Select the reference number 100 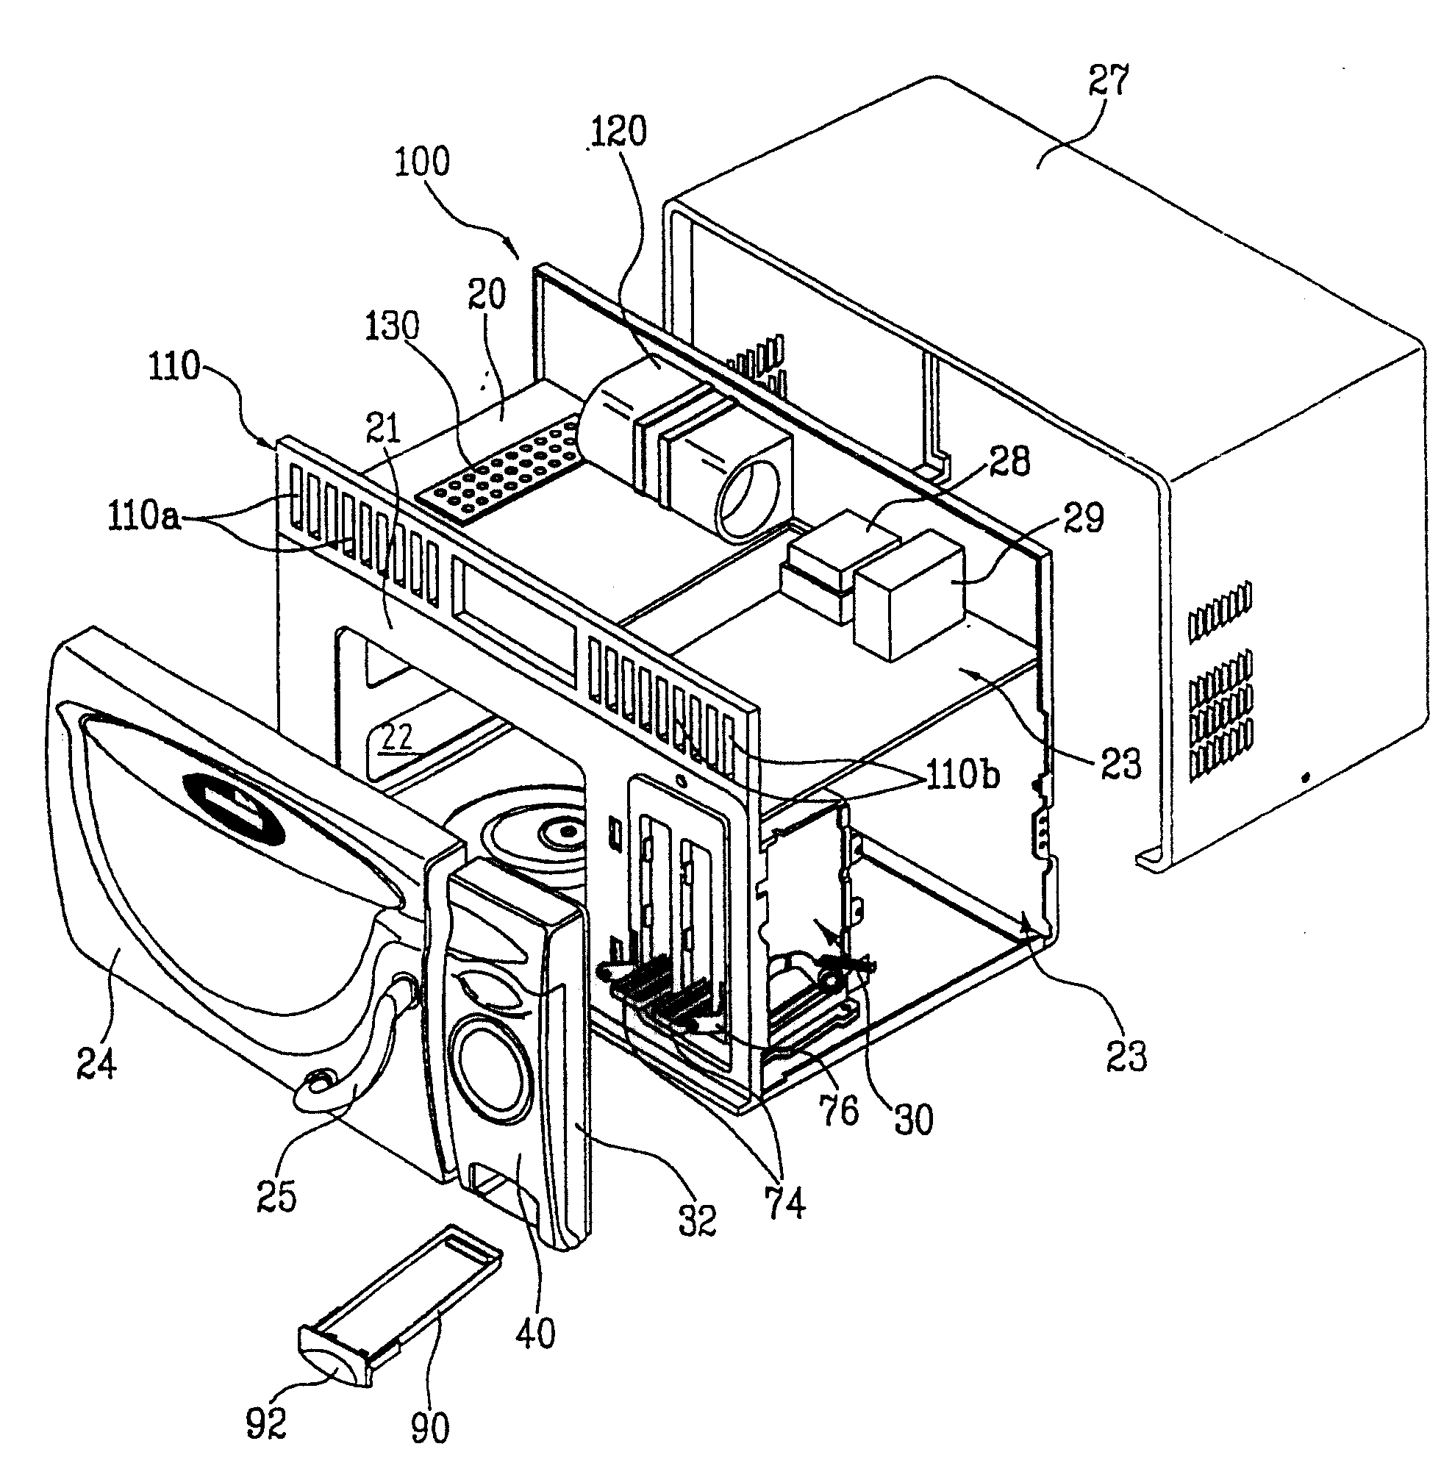421,161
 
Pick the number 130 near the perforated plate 392,327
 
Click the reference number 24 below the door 96,1064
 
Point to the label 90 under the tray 429,1428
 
